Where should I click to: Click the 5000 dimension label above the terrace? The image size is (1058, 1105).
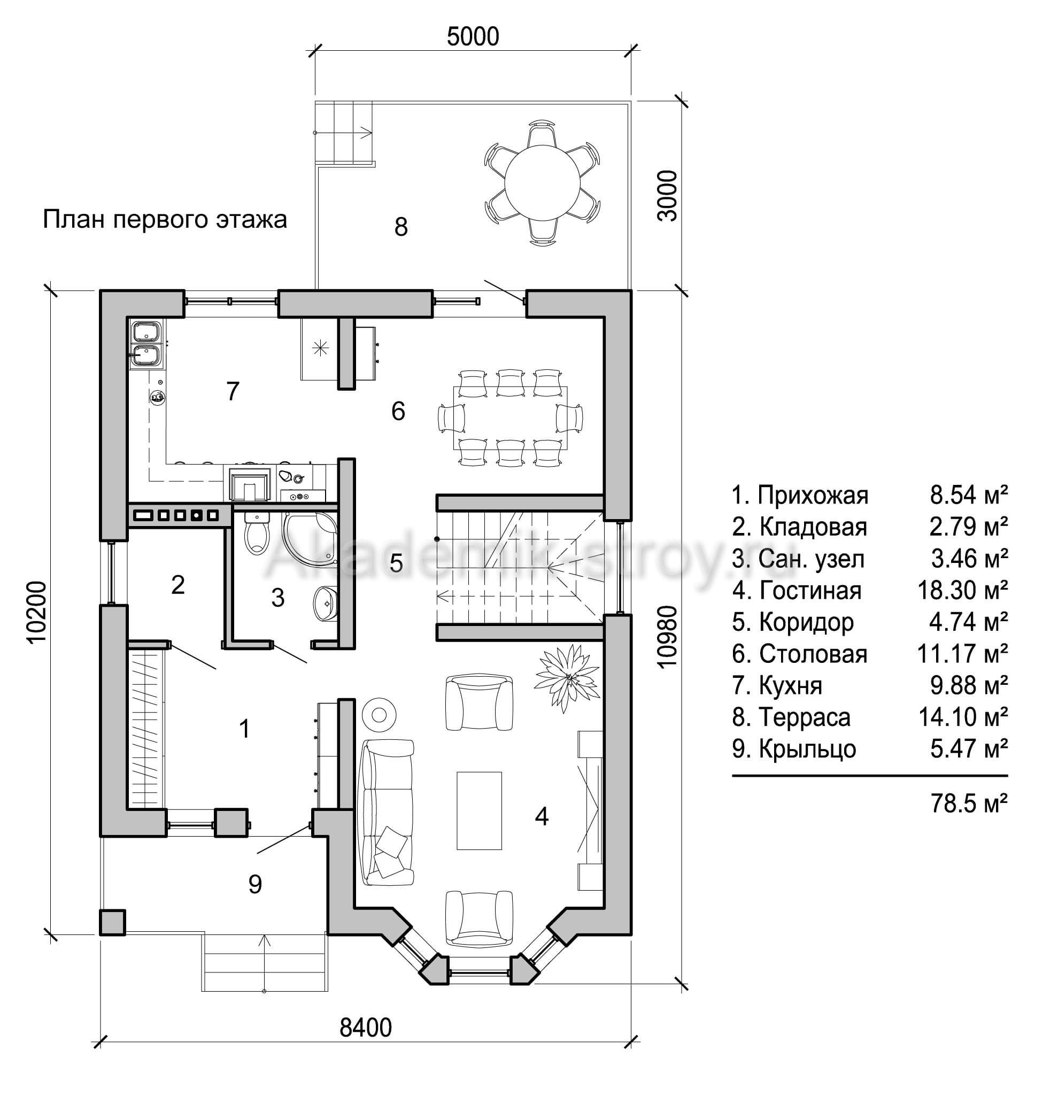click(473, 37)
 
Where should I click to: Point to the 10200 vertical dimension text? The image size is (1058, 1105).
click(36, 612)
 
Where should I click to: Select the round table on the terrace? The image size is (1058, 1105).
click(540, 183)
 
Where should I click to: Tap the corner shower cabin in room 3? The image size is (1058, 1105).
click(309, 538)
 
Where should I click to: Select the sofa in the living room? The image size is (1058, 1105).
click(387, 812)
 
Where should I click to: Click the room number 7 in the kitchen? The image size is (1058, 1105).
click(232, 391)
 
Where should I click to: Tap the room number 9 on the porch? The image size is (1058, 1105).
click(255, 884)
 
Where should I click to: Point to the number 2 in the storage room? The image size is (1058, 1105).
click(177, 585)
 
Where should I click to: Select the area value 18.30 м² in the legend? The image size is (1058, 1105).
click(962, 590)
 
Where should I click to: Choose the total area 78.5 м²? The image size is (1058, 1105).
click(969, 803)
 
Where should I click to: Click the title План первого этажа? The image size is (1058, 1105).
click(165, 219)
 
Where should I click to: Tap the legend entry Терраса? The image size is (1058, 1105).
click(790, 717)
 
